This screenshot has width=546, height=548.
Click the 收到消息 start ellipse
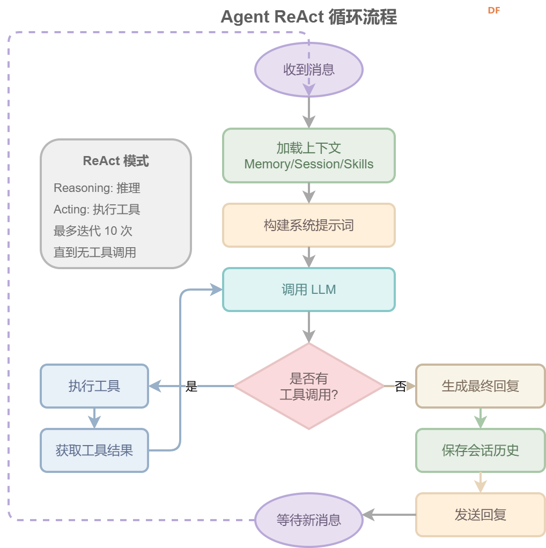click(x=308, y=70)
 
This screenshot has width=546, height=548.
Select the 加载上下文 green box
click(x=308, y=155)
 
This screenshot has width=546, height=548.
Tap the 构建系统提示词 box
click(x=308, y=225)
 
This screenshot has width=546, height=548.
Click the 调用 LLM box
click(x=308, y=290)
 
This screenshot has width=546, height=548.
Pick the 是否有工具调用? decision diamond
click(x=308, y=386)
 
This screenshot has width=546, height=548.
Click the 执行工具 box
click(x=94, y=386)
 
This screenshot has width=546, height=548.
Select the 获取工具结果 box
click(x=94, y=450)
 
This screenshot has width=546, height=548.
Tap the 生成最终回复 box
click(x=480, y=386)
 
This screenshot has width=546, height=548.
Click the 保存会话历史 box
click(x=480, y=450)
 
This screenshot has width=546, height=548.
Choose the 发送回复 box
click(x=480, y=515)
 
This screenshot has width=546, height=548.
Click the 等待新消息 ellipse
click(x=308, y=520)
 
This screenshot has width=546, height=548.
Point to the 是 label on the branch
click(x=191, y=387)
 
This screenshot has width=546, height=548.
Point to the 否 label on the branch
click(x=400, y=387)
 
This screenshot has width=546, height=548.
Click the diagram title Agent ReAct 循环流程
click(x=308, y=17)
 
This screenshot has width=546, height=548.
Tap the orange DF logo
click(x=493, y=10)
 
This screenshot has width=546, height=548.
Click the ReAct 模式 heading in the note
click(x=116, y=161)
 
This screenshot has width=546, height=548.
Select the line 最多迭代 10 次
click(x=93, y=231)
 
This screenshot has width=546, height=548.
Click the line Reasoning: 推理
click(x=97, y=188)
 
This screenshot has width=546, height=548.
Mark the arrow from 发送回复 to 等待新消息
click(x=390, y=515)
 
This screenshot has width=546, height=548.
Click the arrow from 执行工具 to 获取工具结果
click(x=94, y=418)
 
